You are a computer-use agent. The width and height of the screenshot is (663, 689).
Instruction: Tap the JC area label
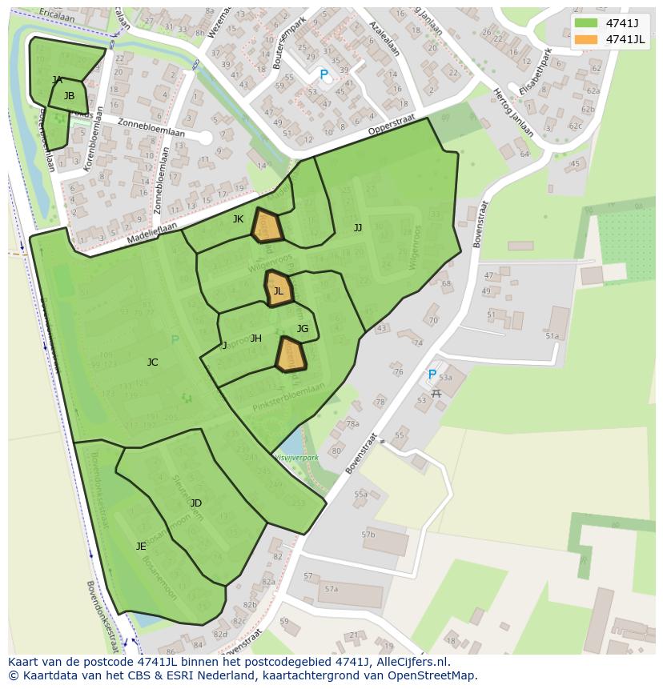(x=152, y=363)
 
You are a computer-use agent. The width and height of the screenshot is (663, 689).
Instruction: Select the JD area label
(x=195, y=503)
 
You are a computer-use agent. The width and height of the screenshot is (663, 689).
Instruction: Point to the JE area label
(x=141, y=547)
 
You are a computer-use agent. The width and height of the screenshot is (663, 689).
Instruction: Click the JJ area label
(x=358, y=228)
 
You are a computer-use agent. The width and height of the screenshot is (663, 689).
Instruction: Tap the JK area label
(x=238, y=219)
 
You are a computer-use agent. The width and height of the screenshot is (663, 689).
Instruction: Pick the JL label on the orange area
(x=278, y=291)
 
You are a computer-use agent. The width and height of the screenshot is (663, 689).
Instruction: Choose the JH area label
(x=255, y=338)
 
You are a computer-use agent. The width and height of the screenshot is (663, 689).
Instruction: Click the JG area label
(x=302, y=329)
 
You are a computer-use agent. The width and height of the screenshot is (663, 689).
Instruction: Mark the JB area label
(x=69, y=96)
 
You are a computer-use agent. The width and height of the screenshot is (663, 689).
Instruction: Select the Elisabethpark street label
(x=536, y=73)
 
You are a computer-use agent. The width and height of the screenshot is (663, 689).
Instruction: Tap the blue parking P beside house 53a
(x=432, y=375)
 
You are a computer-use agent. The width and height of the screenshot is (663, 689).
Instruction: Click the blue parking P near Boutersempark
(x=323, y=74)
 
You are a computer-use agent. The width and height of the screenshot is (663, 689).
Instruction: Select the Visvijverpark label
(x=296, y=458)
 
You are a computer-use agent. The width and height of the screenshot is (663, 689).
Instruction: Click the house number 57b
(x=368, y=535)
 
